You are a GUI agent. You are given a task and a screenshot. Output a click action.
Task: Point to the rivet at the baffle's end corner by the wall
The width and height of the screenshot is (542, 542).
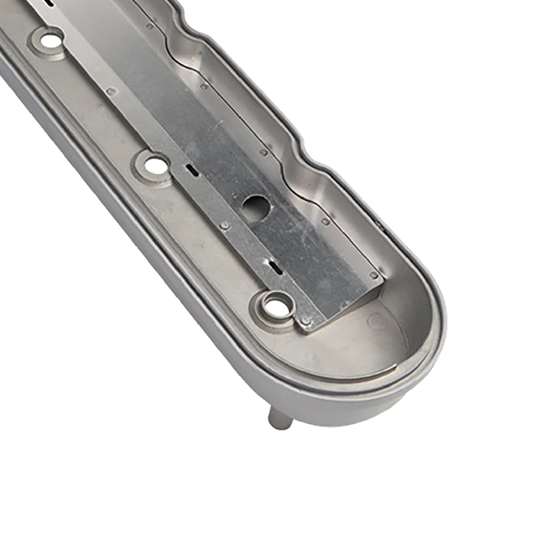374,275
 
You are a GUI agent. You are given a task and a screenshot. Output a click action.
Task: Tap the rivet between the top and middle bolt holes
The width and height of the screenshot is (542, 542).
109,91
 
